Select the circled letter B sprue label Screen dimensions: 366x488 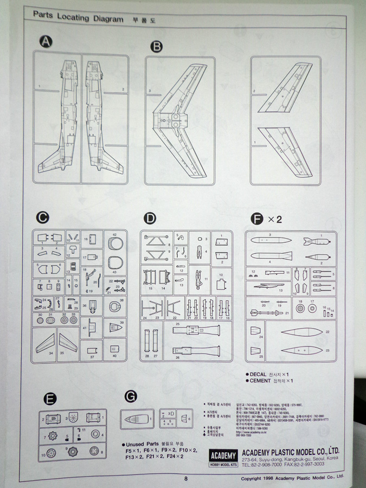pyautogui.click(x=157, y=46)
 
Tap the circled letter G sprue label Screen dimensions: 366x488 pyautogui.click(x=131, y=396)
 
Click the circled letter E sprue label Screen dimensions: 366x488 pyautogui.click(x=50, y=400)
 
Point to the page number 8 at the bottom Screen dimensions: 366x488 pyautogui.click(x=185, y=478)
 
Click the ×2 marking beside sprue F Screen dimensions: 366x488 pyautogui.click(x=274, y=219)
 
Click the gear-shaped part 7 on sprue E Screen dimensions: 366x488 pyautogui.click(x=53, y=435)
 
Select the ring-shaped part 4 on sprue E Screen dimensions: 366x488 pyautogui.click(x=96, y=433)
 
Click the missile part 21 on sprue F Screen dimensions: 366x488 pyautogui.click(x=269, y=312)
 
